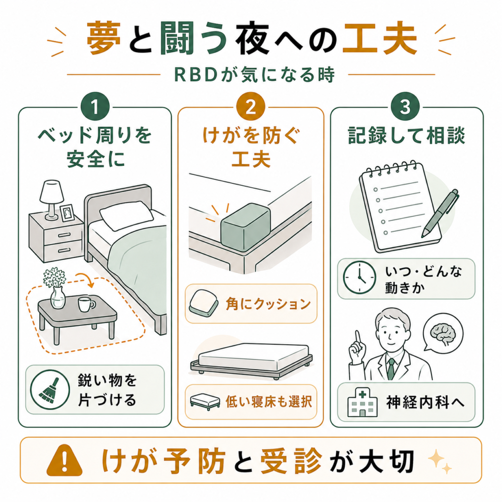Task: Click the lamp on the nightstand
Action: click(x=51, y=200)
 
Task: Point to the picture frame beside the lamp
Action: click(x=67, y=213)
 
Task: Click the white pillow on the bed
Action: click(x=126, y=215)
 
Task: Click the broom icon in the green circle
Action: click(x=50, y=390)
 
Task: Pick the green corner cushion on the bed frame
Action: click(x=246, y=226)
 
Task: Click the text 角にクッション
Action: click(x=268, y=303)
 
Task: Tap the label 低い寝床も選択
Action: click(x=269, y=402)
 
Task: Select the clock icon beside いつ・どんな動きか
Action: click(x=359, y=277)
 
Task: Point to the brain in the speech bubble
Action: click(x=443, y=333)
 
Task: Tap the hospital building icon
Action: click(x=362, y=402)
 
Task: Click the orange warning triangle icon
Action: click(x=64, y=460)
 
